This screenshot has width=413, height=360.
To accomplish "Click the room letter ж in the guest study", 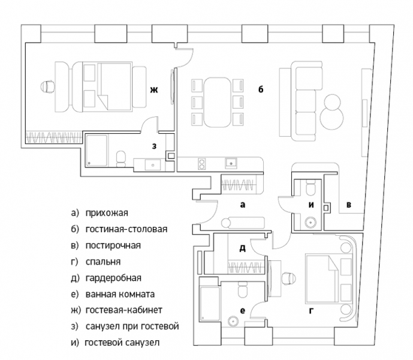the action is tap(154, 90).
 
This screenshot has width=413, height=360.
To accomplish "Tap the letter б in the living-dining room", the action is tap(261, 89).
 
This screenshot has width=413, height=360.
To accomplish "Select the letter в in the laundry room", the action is tap(349, 205).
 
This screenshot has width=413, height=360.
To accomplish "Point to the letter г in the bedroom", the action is tap(311, 311).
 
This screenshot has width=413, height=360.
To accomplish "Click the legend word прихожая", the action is tap(107, 213).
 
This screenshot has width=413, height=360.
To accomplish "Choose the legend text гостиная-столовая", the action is tap(126, 229).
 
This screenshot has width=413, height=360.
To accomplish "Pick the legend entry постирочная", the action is tap(113, 245).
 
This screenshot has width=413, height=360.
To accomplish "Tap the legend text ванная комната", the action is tap(120, 294).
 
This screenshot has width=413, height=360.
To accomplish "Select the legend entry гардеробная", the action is tap(113, 278).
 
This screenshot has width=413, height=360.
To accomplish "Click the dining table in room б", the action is tap(218, 103).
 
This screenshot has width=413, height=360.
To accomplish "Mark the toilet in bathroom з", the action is tap(121, 159).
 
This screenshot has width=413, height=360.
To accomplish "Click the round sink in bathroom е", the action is tap(233, 321).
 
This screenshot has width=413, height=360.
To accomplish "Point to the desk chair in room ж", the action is tap(48, 86).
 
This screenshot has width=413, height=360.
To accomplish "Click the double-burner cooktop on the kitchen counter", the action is tap(202, 164).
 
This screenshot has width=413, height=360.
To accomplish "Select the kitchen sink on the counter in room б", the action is tap(231, 163).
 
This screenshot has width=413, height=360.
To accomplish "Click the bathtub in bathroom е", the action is tap(210, 304).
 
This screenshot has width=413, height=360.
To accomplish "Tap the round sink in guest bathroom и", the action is tap(311, 221).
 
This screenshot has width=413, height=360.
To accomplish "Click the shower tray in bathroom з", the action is tap(97, 151).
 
